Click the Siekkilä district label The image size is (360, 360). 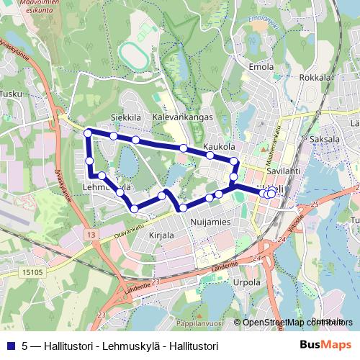coord(125,116)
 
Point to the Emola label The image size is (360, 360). coord(260,67)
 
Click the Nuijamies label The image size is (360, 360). coord(210,222)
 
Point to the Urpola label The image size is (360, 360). coord(247,283)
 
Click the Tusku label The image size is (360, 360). coord(12,94)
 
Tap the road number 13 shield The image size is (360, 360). coord(89,235)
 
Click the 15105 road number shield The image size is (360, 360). coord(32,253)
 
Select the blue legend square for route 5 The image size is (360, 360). coord(11,345)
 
